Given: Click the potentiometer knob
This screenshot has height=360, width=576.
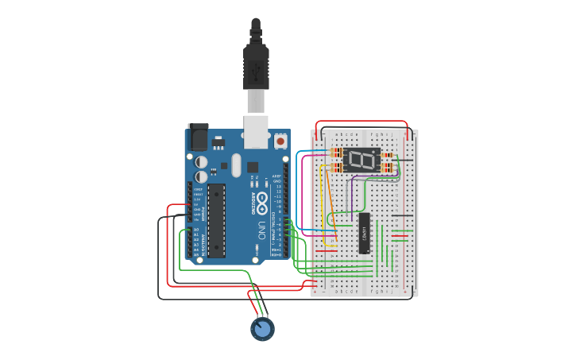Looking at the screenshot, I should click(x=262, y=327).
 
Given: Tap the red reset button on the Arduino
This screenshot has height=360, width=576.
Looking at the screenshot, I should click(x=280, y=141).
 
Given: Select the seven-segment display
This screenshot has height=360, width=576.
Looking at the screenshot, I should click(x=362, y=161).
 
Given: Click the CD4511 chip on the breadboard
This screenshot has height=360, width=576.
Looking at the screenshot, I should click(x=364, y=233).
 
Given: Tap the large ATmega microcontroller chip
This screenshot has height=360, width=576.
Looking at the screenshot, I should click(x=216, y=220).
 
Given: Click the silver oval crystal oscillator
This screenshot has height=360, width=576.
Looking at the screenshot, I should click(x=236, y=165).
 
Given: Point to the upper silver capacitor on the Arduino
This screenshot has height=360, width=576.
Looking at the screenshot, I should click(x=202, y=161).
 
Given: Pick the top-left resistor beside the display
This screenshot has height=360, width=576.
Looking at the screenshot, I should click(x=335, y=153).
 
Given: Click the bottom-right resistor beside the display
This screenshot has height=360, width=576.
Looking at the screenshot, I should click(x=389, y=167).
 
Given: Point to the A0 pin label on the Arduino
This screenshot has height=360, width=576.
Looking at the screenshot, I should click(x=196, y=230).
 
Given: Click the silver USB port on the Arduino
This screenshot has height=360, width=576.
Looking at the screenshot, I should click(x=256, y=131).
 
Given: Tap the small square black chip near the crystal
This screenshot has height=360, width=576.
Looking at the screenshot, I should click(x=253, y=167).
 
